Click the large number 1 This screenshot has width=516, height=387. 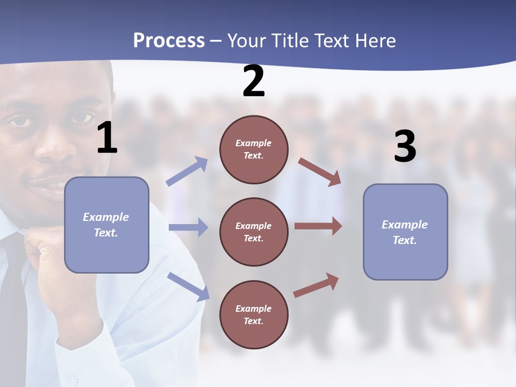pos(107,138)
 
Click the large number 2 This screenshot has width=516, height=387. pos(254,81)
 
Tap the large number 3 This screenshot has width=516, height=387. pos(405,147)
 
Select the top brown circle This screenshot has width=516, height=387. pos(254,149)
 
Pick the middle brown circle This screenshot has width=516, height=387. pos(254,232)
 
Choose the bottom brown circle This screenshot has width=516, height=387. pos(254,315)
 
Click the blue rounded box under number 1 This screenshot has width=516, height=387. pos(106,225)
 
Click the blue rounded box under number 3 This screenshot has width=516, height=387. pos(405,232)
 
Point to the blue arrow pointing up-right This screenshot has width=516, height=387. pos(187,171)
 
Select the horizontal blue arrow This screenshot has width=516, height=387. pos(188,227)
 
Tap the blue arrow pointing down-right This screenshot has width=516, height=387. pos(188,286)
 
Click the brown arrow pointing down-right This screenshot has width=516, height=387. pos(319,171)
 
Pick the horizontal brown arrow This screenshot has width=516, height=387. pos(318,226)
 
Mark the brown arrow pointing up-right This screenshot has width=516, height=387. pos(316,285)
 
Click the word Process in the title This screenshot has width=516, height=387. pos(169,40)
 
